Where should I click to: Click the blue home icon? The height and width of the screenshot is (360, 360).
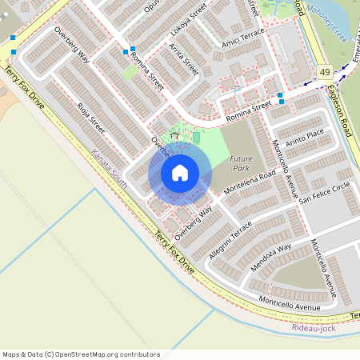(x=180, y=172)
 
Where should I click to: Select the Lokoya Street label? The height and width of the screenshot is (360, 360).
(x=190, y=22)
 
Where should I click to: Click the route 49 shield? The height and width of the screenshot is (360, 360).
(x=323, y=73)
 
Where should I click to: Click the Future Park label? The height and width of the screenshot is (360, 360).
(x=242, y=164)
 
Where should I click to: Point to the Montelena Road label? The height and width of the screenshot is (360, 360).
(x=250, y=182)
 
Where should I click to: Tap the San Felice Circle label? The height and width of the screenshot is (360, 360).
(x=324, y=191)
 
